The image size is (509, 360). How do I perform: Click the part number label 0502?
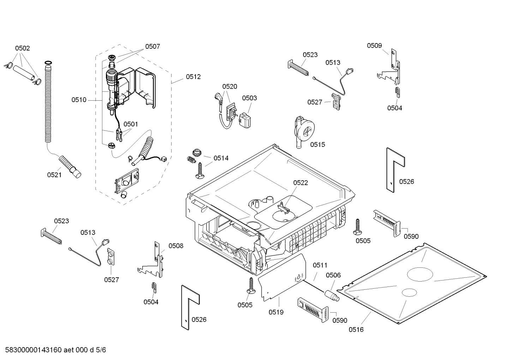point(22,48)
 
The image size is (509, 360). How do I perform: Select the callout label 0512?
point(193,77)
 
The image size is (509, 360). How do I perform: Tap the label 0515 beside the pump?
point(318,144)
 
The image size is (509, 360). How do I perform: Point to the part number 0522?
point(300,183)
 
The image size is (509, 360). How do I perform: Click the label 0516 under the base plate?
point(356,330)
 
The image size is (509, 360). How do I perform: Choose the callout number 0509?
point(374,46)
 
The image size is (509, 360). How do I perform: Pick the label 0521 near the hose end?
point(54,175)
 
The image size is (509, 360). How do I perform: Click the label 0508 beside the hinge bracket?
point(176,246)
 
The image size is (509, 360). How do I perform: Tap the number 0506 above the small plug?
point(333,275)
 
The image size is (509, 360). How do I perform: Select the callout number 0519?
point(276,312)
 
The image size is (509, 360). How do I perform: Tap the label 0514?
point(221,158)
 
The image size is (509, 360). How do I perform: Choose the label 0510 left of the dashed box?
point(79,100)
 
